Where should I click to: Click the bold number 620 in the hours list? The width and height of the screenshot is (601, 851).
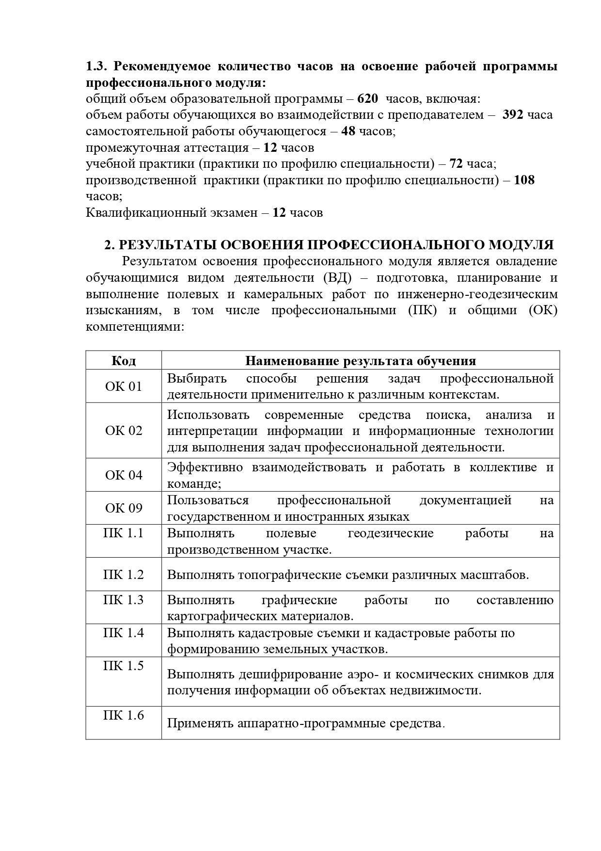tap(367, 99)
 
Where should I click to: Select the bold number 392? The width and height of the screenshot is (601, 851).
tap(513, 115)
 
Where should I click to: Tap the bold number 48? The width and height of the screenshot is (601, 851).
tap(348, 131)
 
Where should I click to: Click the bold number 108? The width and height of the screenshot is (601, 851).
tap(524, 180)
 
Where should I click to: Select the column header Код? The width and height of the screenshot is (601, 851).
tap(124, 361)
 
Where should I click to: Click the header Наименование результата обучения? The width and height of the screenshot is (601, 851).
tap(360, 361)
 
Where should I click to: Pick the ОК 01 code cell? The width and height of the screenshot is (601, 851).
tap(124, 386)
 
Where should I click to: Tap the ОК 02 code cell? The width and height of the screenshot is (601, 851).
tap(124, 431)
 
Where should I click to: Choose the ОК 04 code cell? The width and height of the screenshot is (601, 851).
tap(124, 475)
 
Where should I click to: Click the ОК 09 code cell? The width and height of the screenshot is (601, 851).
tap(124, 508)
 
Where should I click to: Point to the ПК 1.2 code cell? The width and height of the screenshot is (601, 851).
tap(124, 575)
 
